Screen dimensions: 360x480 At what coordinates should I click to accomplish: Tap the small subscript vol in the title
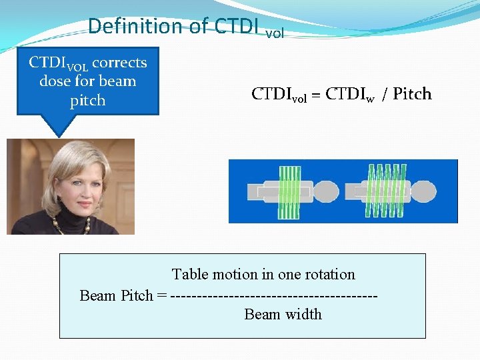click(275, 33)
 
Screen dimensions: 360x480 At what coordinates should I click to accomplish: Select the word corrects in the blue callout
click(119, 63)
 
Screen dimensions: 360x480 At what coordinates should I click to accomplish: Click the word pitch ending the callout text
click(87, 101)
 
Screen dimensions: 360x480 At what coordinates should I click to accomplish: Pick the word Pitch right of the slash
click(412, 94)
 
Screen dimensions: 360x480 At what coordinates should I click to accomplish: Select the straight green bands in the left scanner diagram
click(289, 192)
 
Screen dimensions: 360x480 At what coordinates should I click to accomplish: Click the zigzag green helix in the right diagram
click(385, 192)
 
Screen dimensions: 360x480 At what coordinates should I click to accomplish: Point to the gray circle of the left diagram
click(325, 192)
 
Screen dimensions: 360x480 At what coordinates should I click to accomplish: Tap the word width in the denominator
click(303, 314)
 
